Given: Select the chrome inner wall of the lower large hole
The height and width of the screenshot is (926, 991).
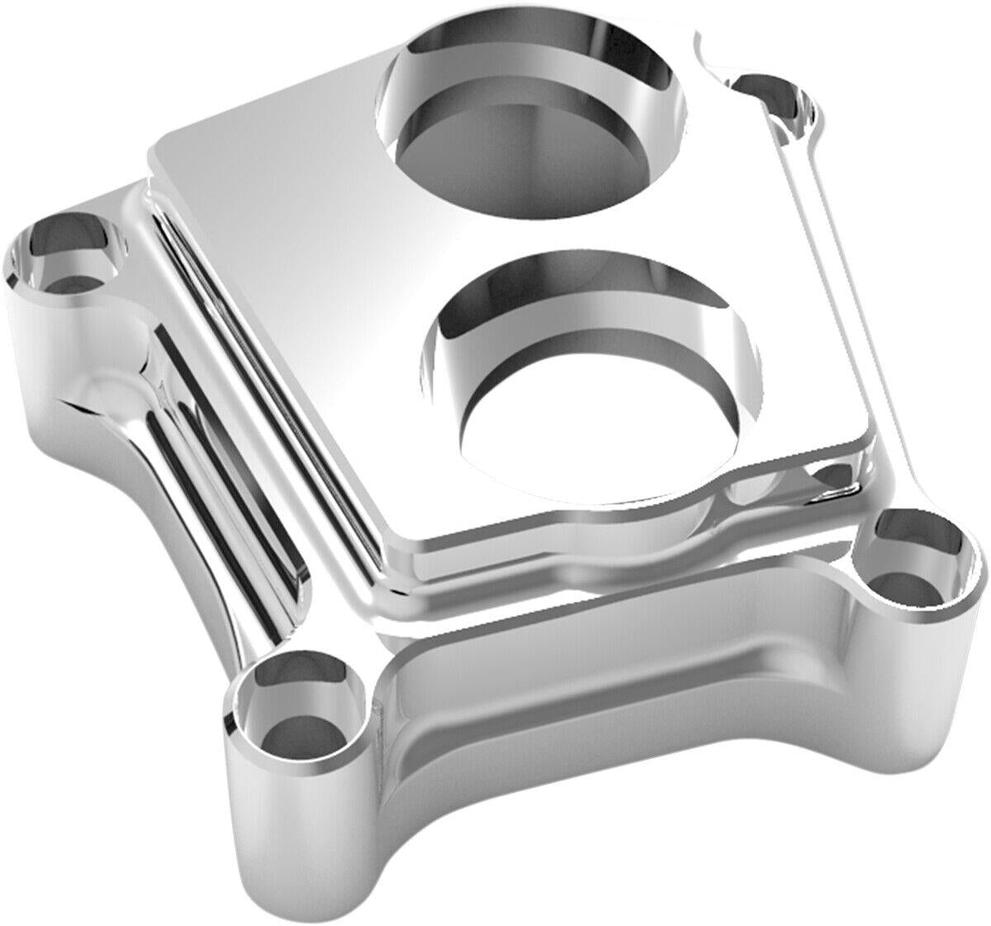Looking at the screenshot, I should pyautogui.click(x=495, y=322).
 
